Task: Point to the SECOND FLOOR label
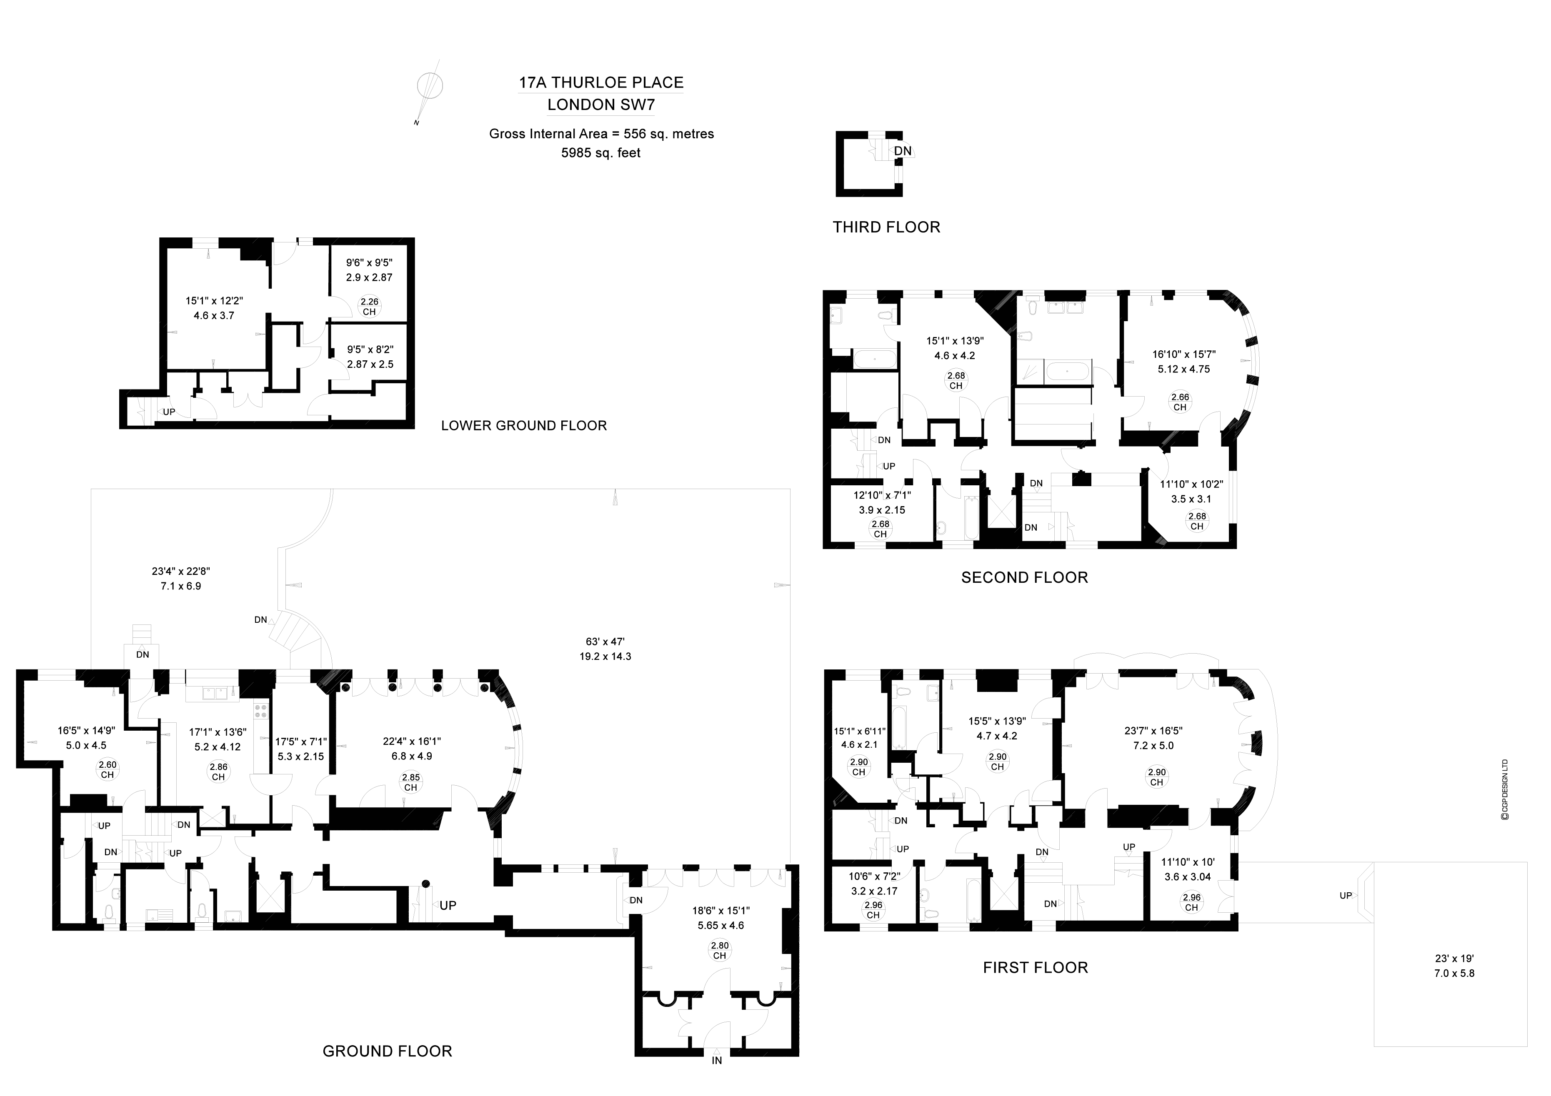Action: pos(1024,577)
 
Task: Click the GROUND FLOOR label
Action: pos(387,1051)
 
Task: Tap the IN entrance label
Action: pos(717,1060)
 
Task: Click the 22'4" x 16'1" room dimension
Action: pos(411,741)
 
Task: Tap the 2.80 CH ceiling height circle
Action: pos(719,950)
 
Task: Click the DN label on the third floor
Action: pos(903,150)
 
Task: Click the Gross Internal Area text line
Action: pos(601,134)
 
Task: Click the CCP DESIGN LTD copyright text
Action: pos(1504,790)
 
